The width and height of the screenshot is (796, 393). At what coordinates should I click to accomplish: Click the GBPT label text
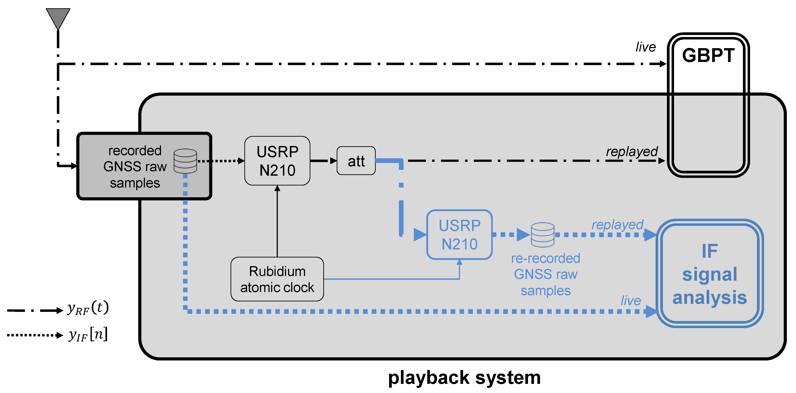point(708,56)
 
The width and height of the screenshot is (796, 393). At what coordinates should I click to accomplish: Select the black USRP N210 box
point(277,161)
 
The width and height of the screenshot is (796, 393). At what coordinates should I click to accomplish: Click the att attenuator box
point(356,161)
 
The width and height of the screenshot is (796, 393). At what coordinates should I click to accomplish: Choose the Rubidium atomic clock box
point(277,279)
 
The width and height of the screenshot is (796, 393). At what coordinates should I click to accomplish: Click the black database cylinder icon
point(185,161)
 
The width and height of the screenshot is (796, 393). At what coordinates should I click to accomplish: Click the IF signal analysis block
point(709,274)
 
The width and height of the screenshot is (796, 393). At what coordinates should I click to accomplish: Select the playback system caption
point(464,378)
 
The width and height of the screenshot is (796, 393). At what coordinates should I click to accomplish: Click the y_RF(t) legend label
point(88,308)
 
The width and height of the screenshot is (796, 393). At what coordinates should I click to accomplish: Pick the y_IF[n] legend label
point(88,335)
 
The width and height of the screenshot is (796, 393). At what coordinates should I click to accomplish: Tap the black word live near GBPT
point(645,47)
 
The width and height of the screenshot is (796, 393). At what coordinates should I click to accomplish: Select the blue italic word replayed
point(617,225)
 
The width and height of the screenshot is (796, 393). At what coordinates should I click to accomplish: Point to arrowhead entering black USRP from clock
point(277,188)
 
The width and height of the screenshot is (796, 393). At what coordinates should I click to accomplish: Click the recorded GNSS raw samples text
point(135,167)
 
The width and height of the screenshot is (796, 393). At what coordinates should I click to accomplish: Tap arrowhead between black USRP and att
point(333,161)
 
